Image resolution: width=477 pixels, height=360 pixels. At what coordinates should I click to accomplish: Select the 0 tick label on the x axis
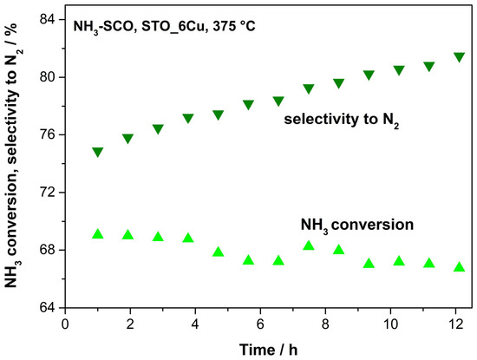point(65,324)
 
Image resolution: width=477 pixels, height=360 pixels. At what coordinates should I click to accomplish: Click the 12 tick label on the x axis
point(455,324)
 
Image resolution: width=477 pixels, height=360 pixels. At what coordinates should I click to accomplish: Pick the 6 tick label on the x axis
point(260,324)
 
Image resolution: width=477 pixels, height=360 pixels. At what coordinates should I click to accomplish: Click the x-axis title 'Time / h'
point(268,350)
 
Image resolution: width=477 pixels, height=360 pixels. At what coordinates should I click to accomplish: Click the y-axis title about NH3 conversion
point(12,155)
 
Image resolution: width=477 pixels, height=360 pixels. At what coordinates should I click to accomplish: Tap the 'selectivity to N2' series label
point(342,120)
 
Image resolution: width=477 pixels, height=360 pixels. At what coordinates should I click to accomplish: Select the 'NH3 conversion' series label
point(357,226)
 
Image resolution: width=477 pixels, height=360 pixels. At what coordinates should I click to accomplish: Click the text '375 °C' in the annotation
point(234,27)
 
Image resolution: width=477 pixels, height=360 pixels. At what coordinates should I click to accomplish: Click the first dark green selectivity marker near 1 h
point(98,152)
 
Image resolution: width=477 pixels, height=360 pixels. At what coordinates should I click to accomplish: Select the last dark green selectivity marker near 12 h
point(459,57)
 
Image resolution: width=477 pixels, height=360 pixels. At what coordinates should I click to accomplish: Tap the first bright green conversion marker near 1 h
point(98,233)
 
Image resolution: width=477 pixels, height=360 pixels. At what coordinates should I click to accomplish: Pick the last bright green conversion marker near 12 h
point(459,267)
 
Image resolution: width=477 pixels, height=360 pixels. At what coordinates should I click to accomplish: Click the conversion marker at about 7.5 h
point(309,245)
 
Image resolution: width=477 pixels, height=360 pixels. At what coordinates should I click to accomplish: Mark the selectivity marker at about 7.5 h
point(309,88)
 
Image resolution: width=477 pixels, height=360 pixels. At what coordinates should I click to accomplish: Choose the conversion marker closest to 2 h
point(127,234)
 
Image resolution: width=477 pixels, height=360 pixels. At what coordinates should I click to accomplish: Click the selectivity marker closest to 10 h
point(399,70)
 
